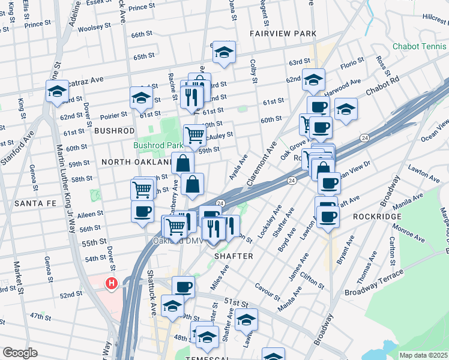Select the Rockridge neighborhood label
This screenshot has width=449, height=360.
coord(373,216)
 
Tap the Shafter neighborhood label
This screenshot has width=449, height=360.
coord(234,256)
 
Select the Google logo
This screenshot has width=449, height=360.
coord(20,353)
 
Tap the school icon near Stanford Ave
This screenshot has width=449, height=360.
coord(57,93)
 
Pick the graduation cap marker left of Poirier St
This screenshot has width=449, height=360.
coord(142,98)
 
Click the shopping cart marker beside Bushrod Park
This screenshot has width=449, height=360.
coord(194,136)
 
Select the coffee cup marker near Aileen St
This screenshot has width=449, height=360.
coord(142,212)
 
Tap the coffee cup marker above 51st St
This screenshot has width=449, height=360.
coord(184,287)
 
